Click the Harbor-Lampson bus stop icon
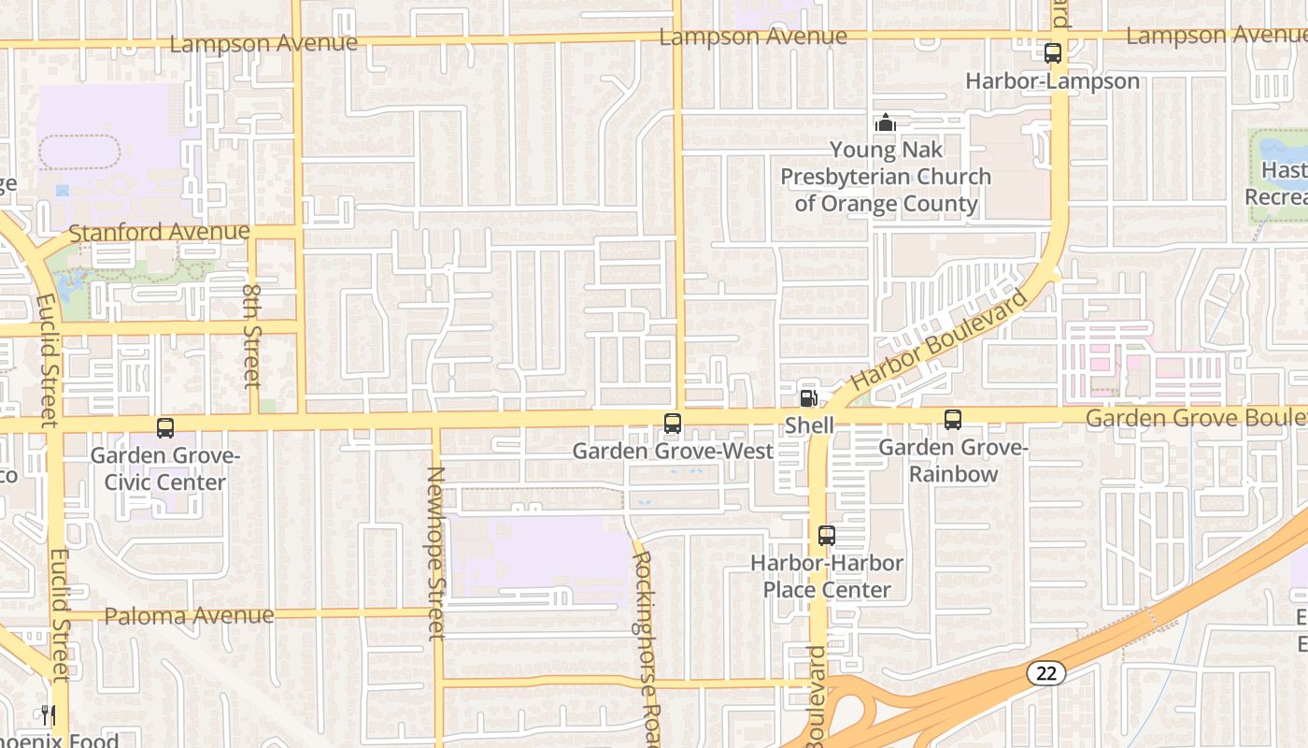point(1053,53)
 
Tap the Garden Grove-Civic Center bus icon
point(165,428)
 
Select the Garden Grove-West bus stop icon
point(672,424)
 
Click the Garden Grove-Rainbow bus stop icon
point(953,420)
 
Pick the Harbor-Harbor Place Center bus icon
point(827,536)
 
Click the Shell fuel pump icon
point(809,397)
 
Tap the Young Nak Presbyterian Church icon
point(885,122)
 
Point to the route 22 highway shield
point(1045,672)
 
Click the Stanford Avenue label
point(160,232)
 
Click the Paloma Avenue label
point(190,616)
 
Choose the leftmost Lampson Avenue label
point(263,43)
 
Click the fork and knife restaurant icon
point(49,715)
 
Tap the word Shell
point(809,425)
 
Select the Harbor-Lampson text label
point(1053,81)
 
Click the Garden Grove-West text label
point(673,452)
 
